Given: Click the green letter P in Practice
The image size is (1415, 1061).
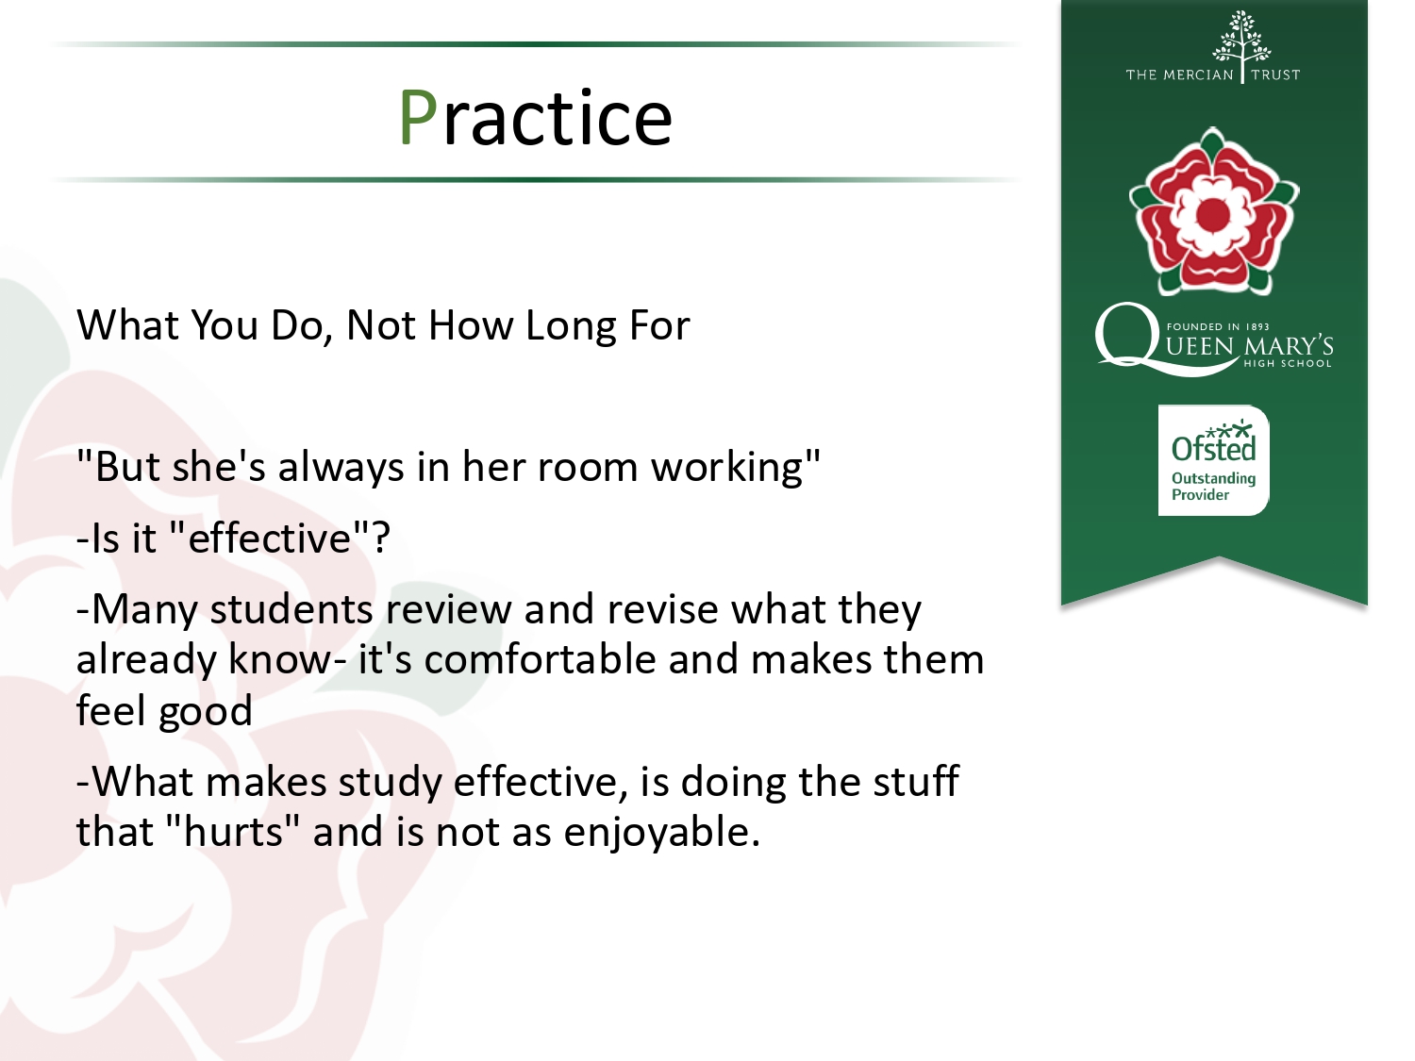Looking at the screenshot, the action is (x=419, y=118).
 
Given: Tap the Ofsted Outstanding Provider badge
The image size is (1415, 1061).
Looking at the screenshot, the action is (x=1213, y=460).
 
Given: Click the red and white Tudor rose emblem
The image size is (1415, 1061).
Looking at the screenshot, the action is (x=1214, y=211).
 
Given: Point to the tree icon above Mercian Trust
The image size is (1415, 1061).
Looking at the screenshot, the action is (x=1241, y=38).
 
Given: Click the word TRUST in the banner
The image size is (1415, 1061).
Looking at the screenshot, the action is (x=1275, y=75).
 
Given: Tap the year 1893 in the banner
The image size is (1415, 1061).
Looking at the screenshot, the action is (x=1257, y=326).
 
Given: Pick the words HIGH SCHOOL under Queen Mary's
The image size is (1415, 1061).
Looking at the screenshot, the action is (x=1288, y=363).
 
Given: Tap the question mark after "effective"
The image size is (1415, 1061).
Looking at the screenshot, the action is (x=381, y=536).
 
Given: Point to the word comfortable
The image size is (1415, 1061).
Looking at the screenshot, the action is (x=540, y=659).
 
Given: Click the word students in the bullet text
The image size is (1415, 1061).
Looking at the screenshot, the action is (x=291, y=608).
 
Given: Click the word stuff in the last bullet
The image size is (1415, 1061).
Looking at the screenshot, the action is (x=916, y=781).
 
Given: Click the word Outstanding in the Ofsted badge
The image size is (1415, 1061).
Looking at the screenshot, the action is (x=1213, y=478).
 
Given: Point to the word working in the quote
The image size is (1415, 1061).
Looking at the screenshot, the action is (x=727, y=468).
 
